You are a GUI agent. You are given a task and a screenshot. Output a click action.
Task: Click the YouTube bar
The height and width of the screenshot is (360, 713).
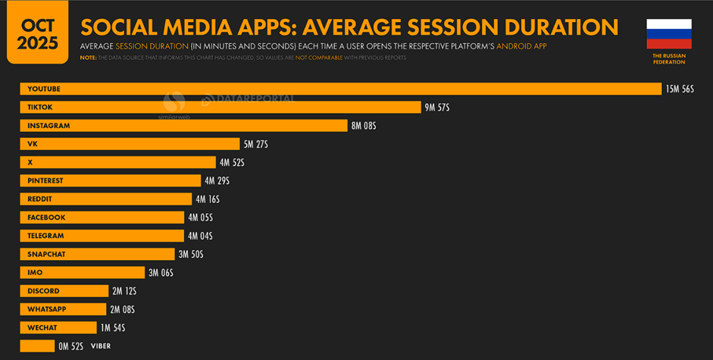pos(341,89)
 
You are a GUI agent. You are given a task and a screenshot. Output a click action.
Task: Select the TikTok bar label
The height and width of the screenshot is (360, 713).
pos(40,108)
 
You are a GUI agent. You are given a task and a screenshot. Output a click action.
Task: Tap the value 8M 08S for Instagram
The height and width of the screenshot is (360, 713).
pos(364,126)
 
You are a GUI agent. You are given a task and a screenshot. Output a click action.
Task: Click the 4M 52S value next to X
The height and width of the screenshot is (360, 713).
pos(232,163)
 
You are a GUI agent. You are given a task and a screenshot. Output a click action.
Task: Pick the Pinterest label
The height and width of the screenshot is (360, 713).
pos(45,181)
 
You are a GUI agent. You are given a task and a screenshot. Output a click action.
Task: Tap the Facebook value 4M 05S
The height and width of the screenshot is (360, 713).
pos(200,218)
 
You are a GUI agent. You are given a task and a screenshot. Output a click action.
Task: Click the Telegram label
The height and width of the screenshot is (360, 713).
pos(45,236)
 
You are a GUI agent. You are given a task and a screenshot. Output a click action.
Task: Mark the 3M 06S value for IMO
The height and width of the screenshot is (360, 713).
pos(161,273)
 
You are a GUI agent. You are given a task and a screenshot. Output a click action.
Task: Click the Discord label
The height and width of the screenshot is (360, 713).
pos(43,291)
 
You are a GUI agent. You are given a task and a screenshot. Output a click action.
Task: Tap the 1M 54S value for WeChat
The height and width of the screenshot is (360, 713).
pos(113,328)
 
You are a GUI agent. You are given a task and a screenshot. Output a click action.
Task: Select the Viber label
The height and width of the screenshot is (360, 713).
pos(101,346)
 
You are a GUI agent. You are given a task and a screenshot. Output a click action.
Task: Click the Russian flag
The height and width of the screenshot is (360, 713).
pos(669,34)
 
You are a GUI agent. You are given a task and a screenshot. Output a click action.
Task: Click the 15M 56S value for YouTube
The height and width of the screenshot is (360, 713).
pos(680,89)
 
